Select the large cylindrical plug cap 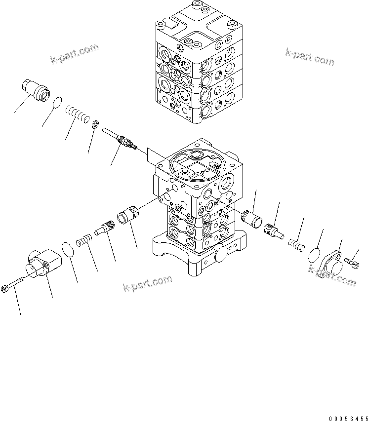(38, 90)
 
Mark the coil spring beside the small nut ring (78, 116)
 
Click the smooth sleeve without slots (253, 217)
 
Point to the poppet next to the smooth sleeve (273, 230)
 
